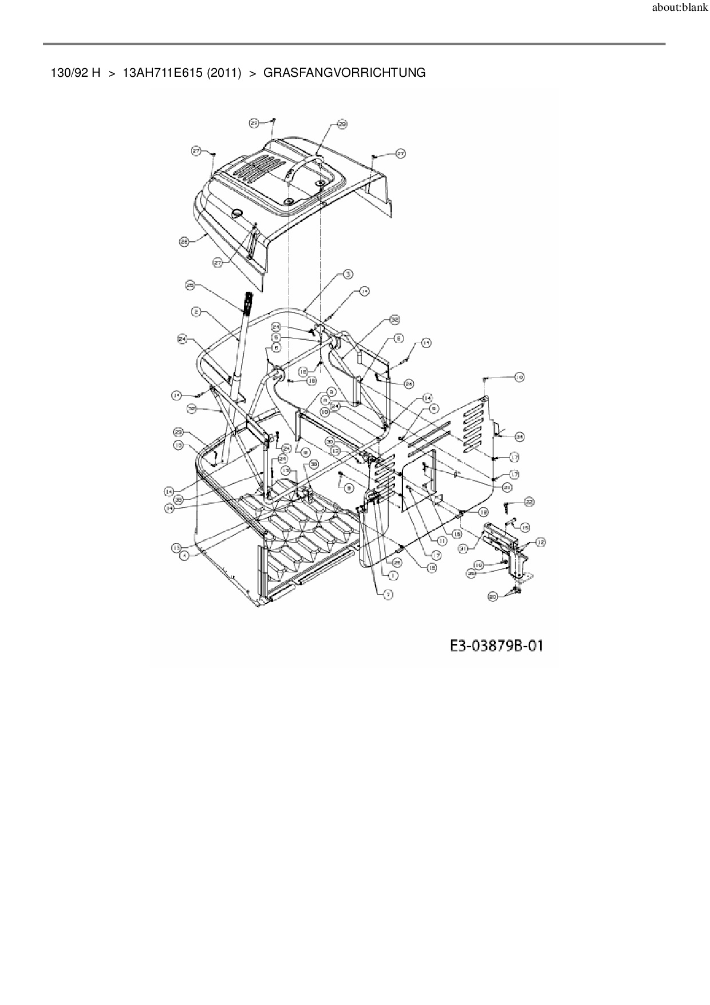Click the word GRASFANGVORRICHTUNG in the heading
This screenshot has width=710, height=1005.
pyautogui.click(x=344, y=73)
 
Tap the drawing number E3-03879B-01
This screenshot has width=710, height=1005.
pyautogui.click(x=496, y=646)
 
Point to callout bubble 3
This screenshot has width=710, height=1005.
pyautogui.click(x=348, y=274)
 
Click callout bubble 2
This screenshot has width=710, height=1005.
pyautogui.click(x=196, y=312)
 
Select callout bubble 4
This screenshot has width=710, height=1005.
pyautogui.click(x=184, y=555)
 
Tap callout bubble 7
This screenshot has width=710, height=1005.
pyautogui.click(x=388, y=595)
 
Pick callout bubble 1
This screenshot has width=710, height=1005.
pyautogui.click(x=393, y=574)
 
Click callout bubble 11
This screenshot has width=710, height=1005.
pyautogui.click(x=442, y=540)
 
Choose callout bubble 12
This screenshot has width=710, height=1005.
pyautogui.click(x=540, y=541)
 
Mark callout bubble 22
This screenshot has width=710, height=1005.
pyautogui.click(x=528, y=501)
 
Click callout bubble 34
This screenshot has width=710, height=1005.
pyautogui.click(x=519, y=437)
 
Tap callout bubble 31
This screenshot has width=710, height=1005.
pyautogui.click(x=464, y=548)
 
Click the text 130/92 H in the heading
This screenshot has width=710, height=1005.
pyautogui.click(x=76, y=73)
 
